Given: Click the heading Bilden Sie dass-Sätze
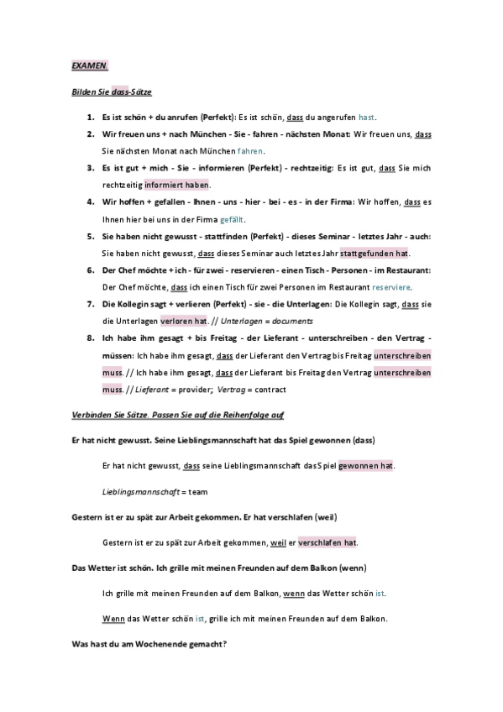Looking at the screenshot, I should coord(111,91).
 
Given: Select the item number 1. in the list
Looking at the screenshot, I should coord(91,118).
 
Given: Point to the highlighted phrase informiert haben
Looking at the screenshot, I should coord(177,185).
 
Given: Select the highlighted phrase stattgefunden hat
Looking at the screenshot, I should coord(375,253).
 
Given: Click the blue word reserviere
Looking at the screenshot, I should coord(390,287).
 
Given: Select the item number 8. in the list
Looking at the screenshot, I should coord(91,338).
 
